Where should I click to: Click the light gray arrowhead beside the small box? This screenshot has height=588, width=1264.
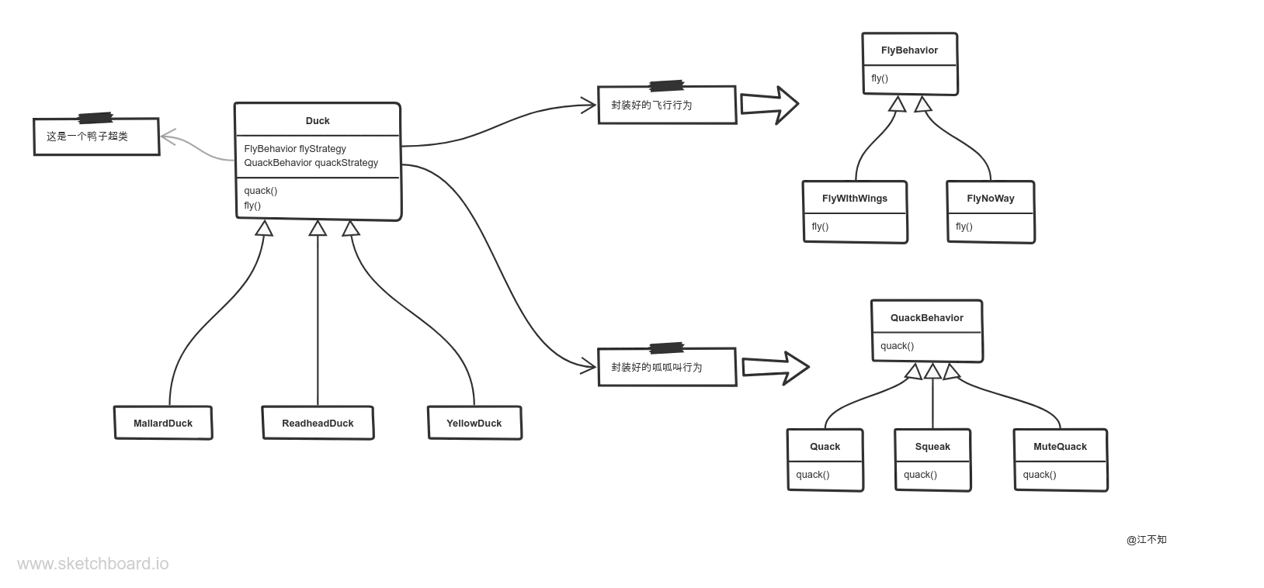[170, 137]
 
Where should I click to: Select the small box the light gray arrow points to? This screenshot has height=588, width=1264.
[96, 137]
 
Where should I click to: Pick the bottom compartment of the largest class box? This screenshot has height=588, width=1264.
[317, 200]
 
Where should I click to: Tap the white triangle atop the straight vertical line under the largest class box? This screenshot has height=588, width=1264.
[318, 229]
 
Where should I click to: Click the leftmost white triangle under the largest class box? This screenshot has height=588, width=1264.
[265, 229]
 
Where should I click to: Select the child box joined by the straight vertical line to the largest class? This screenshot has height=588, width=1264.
[319, 422]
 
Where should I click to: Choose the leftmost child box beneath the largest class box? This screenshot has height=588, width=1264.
[164, 422]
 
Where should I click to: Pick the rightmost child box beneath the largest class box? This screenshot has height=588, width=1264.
[474, 422]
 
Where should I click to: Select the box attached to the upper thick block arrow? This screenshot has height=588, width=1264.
[667, 105]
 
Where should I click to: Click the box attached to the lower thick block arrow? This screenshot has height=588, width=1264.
[667, 366]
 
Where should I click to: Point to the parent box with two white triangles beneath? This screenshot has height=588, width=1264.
[909, 65]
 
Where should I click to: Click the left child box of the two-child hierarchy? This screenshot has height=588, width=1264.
[856, 214]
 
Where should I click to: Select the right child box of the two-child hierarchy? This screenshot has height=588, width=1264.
[991, 214]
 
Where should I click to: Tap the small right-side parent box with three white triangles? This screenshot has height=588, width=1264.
[929, 331]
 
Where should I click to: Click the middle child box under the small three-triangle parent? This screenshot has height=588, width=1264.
[932, 462]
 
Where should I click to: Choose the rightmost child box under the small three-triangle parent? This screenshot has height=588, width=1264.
[1061, 462]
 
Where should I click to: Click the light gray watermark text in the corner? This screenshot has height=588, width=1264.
[93, 563]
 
